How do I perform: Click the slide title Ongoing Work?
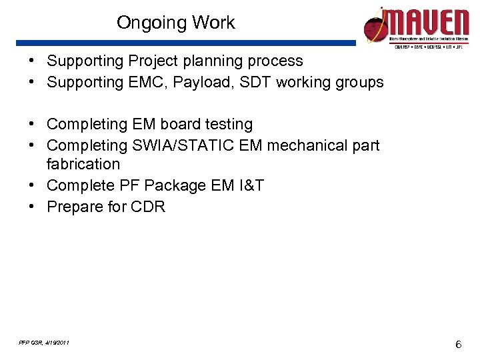click(175, 23)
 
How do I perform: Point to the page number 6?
click(458, 344)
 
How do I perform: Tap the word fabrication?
click(83, 164)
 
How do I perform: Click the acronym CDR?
click(147, 207)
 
